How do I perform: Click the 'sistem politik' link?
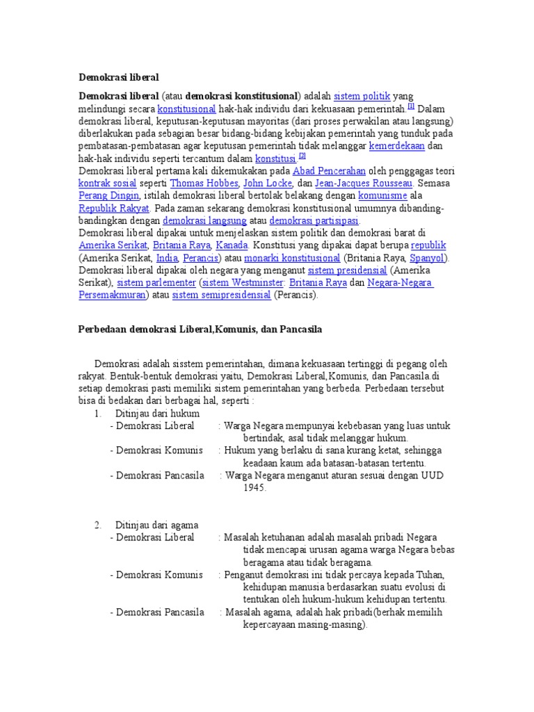pos(362,96)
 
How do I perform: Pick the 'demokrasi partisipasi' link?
pos(319,221)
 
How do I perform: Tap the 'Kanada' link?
pos(232,246)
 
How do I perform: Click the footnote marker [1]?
pos(411,106)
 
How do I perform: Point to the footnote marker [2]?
pos(302,156)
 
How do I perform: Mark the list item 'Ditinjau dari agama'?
pos(156,526)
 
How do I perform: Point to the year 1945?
pos(254,489)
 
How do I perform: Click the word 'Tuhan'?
pos(428,576)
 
